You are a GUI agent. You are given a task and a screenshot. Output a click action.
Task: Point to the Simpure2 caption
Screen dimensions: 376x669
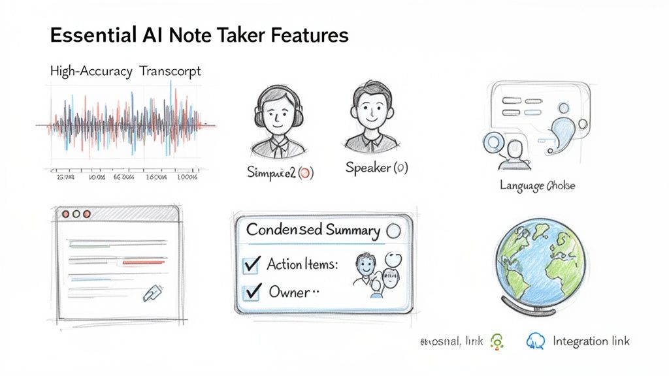280,172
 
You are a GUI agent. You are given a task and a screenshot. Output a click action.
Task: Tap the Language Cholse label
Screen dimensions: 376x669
537,185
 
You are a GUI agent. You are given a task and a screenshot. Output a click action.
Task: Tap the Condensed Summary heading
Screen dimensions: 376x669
313,230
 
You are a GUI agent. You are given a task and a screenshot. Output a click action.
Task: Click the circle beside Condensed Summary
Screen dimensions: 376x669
393,230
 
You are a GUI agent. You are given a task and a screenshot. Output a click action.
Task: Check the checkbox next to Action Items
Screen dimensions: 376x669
252,265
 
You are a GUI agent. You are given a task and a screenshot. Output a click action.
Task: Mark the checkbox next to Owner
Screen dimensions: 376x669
252,292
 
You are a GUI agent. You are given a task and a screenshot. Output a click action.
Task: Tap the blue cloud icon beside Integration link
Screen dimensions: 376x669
536,341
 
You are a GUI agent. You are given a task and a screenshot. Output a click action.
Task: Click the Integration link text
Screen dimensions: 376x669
591,341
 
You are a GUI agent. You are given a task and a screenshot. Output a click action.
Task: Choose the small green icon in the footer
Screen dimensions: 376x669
497,341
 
